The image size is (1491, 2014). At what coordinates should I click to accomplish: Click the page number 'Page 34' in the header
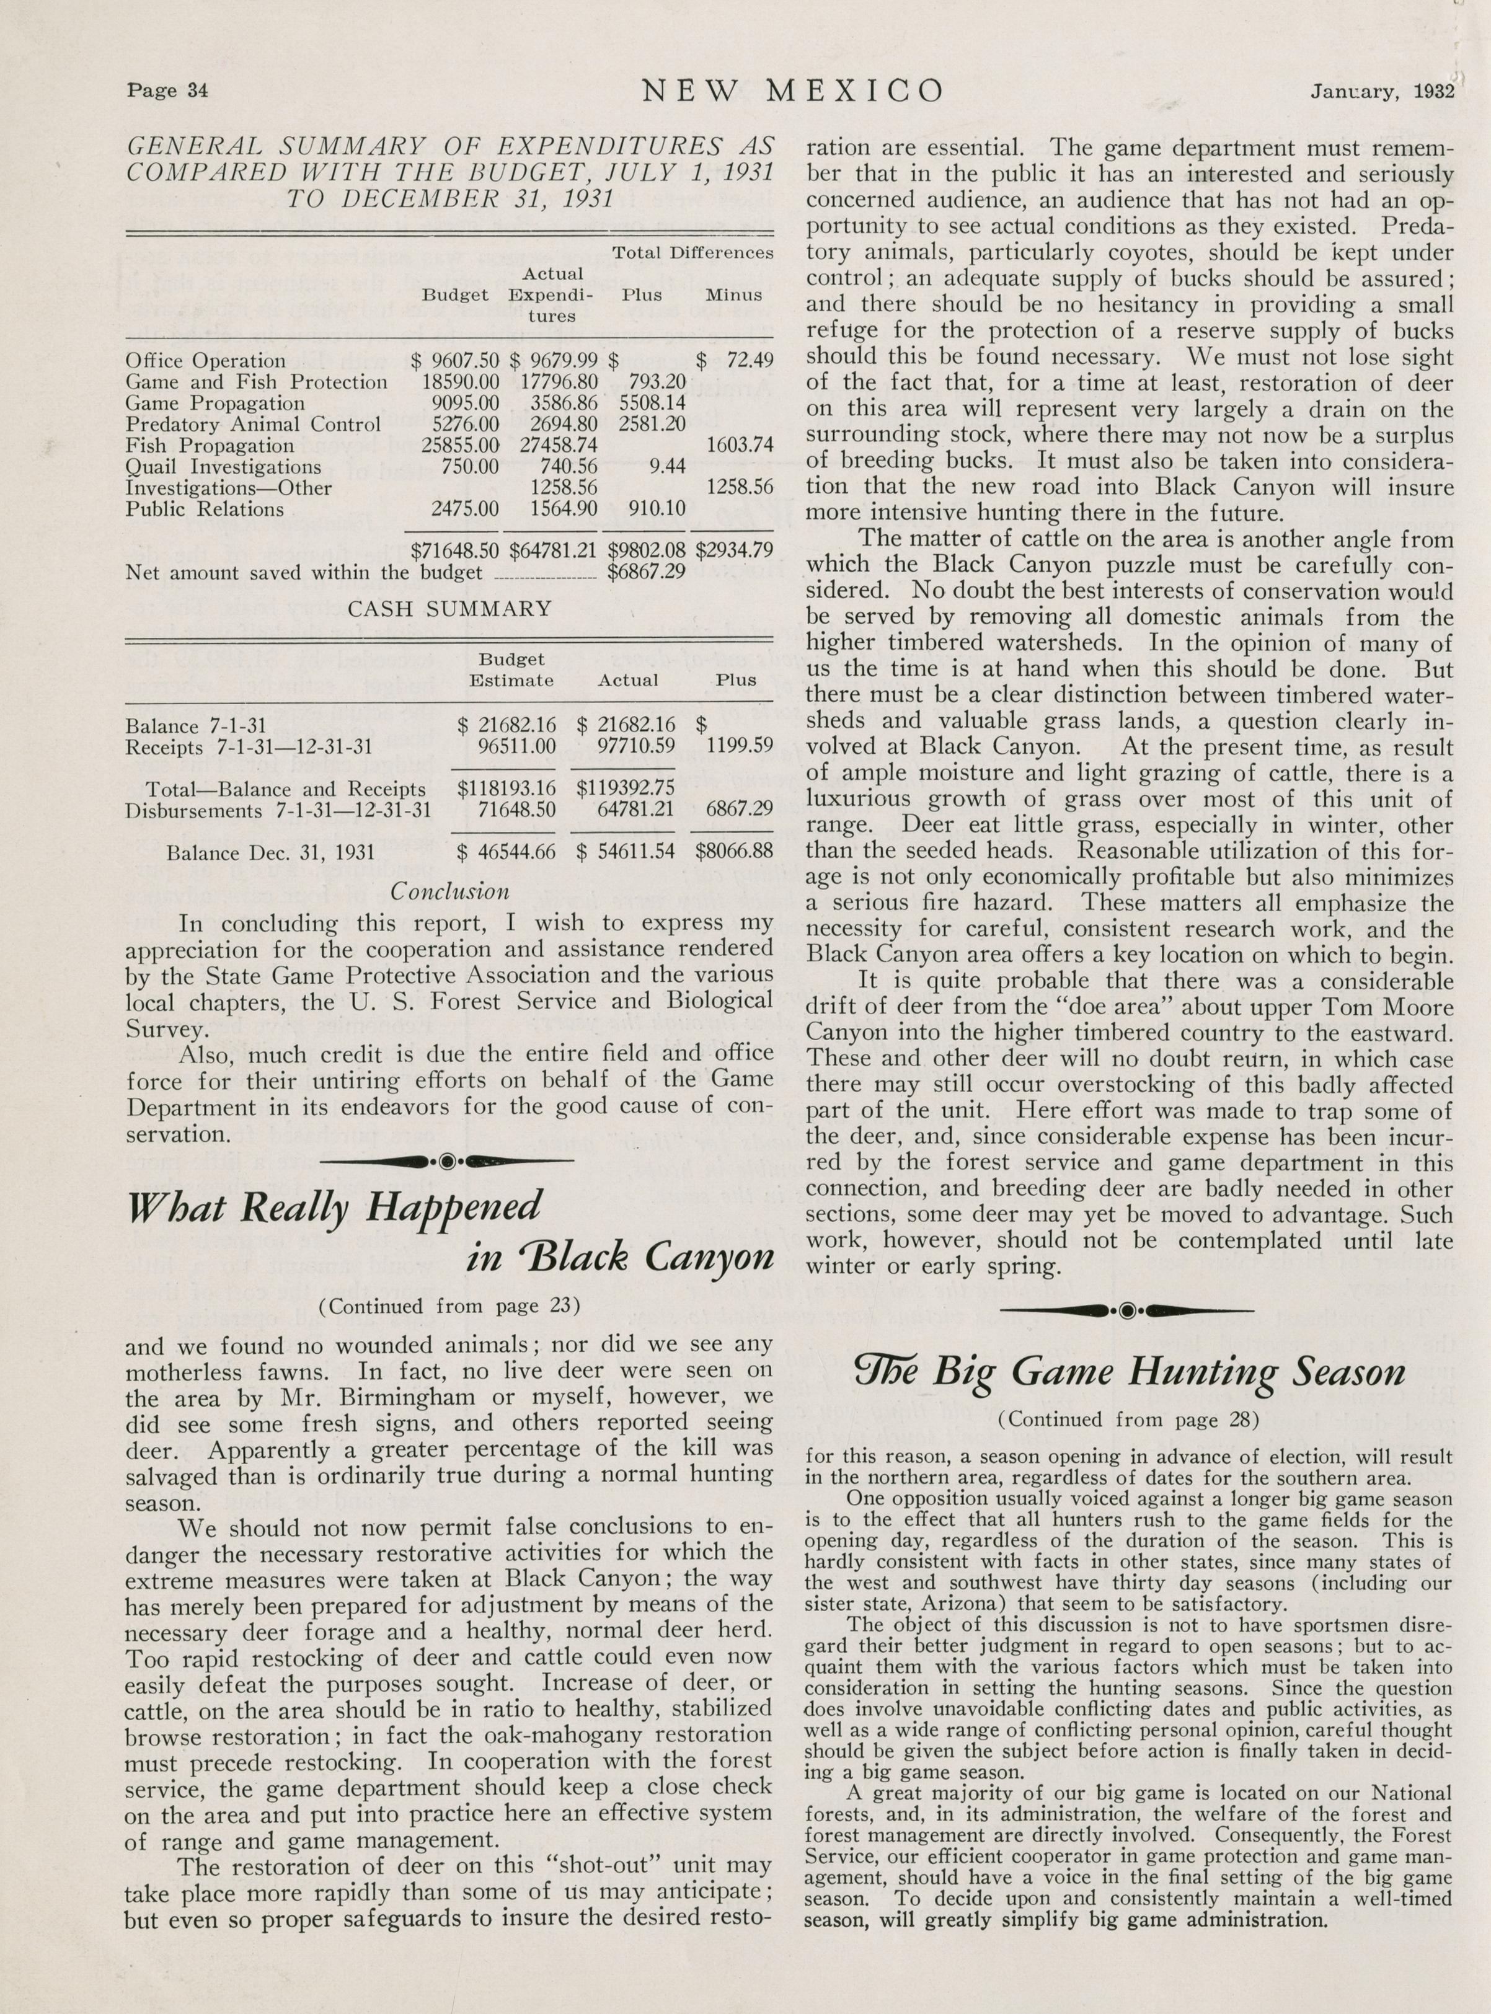click(x=168, y=91)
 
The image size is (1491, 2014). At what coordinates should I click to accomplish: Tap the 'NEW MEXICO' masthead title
click(x=792, y=91)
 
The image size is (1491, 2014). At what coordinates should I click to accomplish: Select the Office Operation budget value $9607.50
click(x=455, y=361)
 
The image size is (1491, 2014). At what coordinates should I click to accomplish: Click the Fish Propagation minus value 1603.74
click(x=738, y=445)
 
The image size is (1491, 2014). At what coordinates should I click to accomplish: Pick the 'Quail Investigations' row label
click(x=223, y=467)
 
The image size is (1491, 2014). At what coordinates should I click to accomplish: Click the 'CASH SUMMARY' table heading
click(x=449, y=608)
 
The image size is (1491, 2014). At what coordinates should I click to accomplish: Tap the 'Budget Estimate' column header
click(x=511, y=671)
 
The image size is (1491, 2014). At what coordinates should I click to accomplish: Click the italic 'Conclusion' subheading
click(x=449, y=891)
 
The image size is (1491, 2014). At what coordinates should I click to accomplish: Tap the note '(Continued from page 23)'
click(x=449, y=1305)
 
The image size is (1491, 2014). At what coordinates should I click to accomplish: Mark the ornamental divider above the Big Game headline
click(x=1127, y=1310)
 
